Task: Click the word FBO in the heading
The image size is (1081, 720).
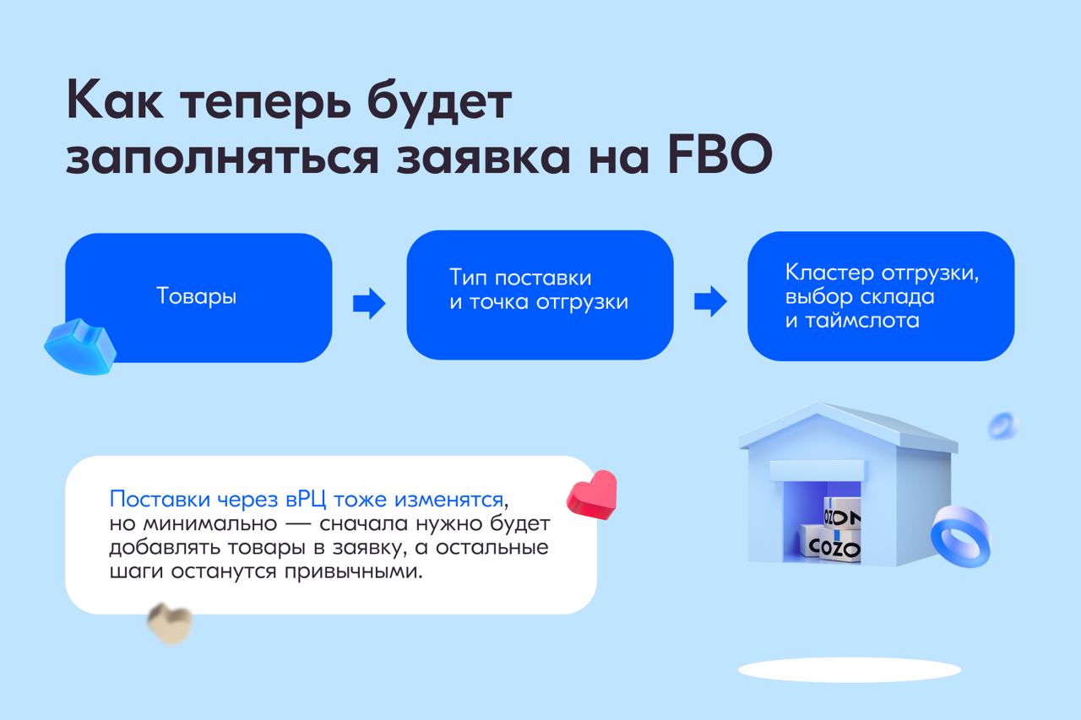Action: (x=720, y=155)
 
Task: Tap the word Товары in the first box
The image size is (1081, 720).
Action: (x=197, y=295)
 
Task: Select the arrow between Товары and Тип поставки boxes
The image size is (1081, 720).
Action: (x=369, y=303)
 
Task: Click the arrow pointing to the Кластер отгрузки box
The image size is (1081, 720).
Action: (x=710, y=301)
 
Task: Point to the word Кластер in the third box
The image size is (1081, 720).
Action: (x=829, y=273)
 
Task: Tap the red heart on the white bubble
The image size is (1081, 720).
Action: (x=592, y=495)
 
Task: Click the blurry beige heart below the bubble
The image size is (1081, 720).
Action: (x=170, y=624)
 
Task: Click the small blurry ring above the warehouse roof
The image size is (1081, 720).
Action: (x=1002, y=425)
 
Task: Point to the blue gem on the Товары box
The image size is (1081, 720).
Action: (x=80, y=346)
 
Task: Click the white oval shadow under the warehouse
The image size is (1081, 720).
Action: (x=850, y=670)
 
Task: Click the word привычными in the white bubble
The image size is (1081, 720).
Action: (x=353, y=571)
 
